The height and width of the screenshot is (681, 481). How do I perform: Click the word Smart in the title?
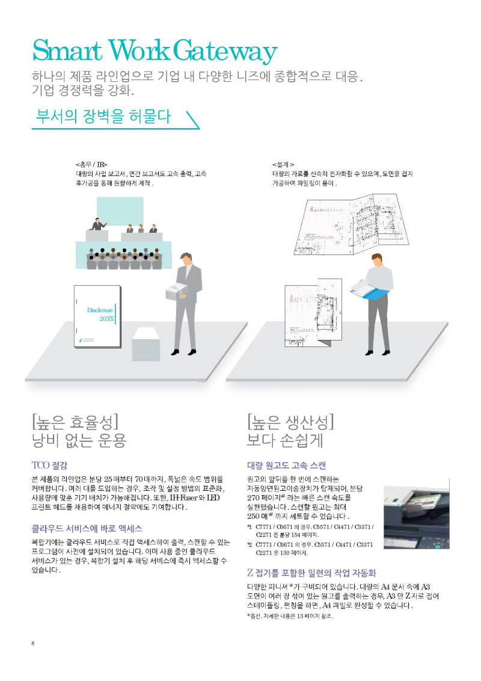pyautogui.click(x=68, y=50)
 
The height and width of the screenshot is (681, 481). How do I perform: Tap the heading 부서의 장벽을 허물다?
pyautogui.click(x=103, y=116)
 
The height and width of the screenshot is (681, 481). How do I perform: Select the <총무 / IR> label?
pyautogui.click(x=91, y=165)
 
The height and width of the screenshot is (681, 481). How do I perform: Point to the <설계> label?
pyautogui.click(x=283, y=165)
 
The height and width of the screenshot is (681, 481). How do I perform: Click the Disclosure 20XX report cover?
pyautogui.click(x=97, y=316)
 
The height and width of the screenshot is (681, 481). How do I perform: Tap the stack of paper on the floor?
pyautogui.click(x=146, y=344)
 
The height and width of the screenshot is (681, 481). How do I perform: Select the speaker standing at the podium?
pyautogui.click(x=98, y=224)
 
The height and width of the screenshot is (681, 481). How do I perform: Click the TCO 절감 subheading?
pyautogui.click(x=49, y=466)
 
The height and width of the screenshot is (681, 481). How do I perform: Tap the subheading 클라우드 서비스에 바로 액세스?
pyautogui.click(x=87, y=529)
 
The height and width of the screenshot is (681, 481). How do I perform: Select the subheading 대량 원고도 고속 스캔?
pyautogui.click(x=287, y=466)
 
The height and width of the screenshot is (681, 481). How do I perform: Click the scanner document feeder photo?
pyautogui.click(x=416, y=514)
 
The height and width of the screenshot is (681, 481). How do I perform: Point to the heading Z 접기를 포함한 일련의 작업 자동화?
pyautogui.click(x=311, y=573)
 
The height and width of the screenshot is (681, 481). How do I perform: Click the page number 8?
pyautogui.click(x=33, y=643)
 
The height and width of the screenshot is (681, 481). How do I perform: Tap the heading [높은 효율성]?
pyautogui.click(x=75, y=422)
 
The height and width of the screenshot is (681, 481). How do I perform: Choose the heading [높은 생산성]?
pyautogui.click(x=290, y=422)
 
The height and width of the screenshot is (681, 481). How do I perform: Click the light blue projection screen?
pyautogui.click(x=120, y=211)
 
